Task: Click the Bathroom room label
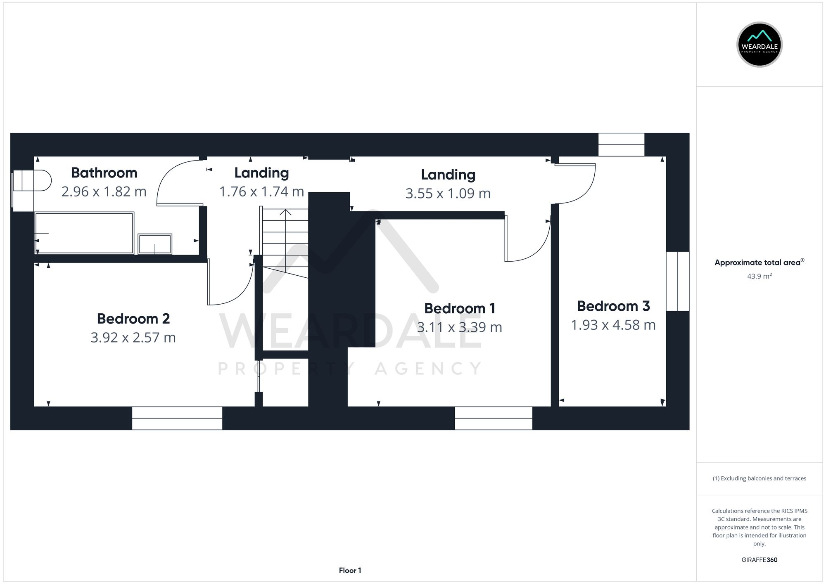tap(104, 173)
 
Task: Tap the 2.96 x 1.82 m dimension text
tap(104, 192)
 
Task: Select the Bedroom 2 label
tap(133, 319)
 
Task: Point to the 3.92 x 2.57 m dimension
tap(133, 338)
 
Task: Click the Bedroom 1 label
tap(460, 308)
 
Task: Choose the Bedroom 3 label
tap(613, 306)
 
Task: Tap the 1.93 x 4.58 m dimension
tap(613, 325)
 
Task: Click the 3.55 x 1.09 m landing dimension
tap(448, 194)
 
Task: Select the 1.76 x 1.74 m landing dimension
tap(261, 192)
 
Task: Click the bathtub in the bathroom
tap(84, 233)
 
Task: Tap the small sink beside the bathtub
tap(155, 244)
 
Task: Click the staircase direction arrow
tap(285, 213)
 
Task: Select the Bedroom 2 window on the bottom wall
tap(177, 418)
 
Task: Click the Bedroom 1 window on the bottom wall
tap(494, 418)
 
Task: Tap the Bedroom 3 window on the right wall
tap(678, 281)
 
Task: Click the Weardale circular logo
tap(760, 45)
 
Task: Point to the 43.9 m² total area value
tap(759, 276)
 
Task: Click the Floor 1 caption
tap(350, 570)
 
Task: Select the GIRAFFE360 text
tap(759, 560)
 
